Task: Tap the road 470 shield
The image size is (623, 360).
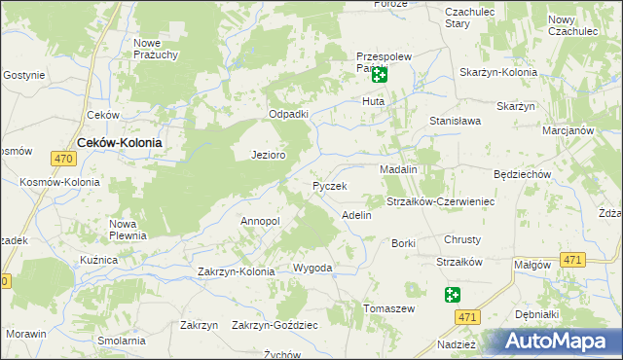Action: point(64,159)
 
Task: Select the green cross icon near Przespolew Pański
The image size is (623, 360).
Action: point(379,73)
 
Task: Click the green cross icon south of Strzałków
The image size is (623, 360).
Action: point(453,295)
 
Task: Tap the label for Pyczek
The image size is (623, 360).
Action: point(329,185)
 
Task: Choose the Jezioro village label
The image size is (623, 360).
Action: point(268,155)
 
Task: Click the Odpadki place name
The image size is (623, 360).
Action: point(289,114)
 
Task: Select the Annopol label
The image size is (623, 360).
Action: point(260,221)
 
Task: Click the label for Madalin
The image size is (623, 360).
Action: point(398,168)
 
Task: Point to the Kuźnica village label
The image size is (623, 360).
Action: point(99,261)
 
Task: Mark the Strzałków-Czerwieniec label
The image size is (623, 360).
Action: point(441,201)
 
